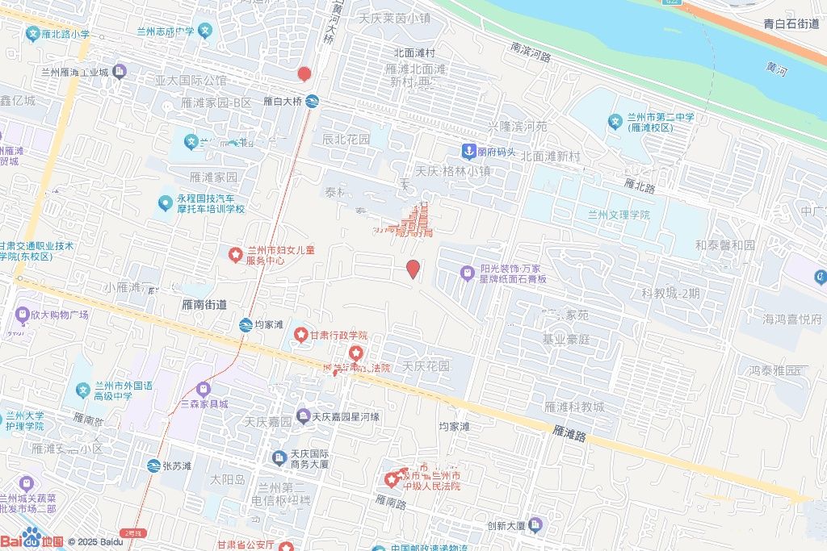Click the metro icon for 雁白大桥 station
312,102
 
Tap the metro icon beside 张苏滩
154,465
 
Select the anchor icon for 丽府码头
468,151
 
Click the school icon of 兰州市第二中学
615,122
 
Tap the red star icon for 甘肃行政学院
300,335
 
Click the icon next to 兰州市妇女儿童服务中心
235,256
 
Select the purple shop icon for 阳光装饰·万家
467,273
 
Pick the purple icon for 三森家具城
202,389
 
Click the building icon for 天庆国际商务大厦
279,457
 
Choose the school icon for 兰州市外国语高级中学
82,390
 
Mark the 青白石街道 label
791,24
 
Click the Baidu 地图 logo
32,538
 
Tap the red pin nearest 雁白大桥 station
304,74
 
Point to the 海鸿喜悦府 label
791,319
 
